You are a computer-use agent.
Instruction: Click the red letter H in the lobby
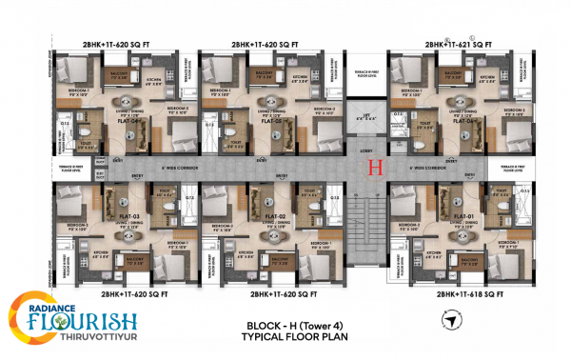point(374,169)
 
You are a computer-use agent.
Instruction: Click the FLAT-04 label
point(116,121)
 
